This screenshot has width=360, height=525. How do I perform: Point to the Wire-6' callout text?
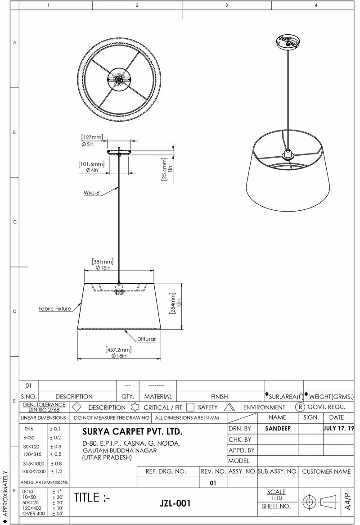pyautogui.click(x=92, y=193)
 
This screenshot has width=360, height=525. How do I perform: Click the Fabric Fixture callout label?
pyautogui.click(x=54, y=309)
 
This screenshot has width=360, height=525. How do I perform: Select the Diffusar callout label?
pyautogui.click(x=146, y=339)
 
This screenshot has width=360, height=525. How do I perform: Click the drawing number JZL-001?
pyautogui.click(x=175, y=503)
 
